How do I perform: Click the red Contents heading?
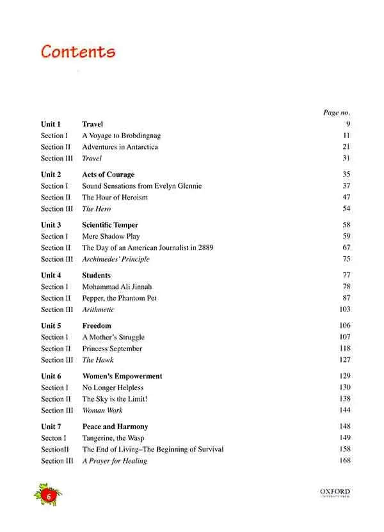pyautogui.click(x=77, y=52)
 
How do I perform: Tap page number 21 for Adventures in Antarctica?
pyautogui.click(x=346, y=147)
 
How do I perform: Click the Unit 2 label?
pyautogui.click(x=51, y=175)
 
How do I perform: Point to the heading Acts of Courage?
pyautogui.click(x=108, y=175)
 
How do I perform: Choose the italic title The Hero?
pyautogui.click(x=96, y=209)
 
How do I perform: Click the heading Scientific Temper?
pyautogui.click(x=110, y=225)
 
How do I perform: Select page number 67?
pyautogui.click(x=346, y=247)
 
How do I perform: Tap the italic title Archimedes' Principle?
pyautogui.click(x=115, y=259)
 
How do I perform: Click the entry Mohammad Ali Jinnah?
pyautogui.click(x=117, y=286)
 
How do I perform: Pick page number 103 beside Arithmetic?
pyautogui.click(x=344, y=309)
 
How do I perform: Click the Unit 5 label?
pyautogui.click(x=51, y=326)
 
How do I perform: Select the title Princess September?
pyautogui.click(x=112, y=348)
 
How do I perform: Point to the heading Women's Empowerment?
pyautogui.click(x=122, y=377)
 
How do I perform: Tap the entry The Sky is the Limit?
pyautogui.click(x=115, y=399)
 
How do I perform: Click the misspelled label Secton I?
pyautogui.click(x=53, y=438)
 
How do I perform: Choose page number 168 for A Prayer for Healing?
pyautogui.click(x=344, y=461)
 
